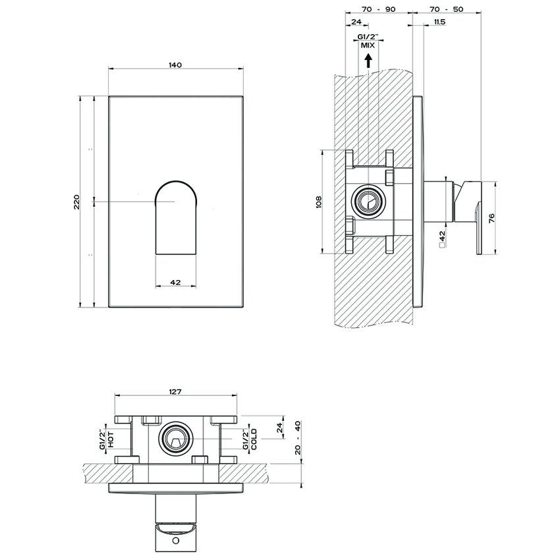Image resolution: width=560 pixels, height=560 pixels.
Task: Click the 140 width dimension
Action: point(175,65)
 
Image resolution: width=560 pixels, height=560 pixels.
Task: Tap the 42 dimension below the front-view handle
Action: point(176,282)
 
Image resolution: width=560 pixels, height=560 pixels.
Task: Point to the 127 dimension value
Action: point(175,391)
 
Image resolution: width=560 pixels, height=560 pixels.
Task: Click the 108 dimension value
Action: point(318,201)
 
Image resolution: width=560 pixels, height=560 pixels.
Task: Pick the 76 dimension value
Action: point(491,217)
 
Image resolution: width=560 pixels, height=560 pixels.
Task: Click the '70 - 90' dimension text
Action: point(378,10)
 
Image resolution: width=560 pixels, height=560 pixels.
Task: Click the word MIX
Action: point(368,45)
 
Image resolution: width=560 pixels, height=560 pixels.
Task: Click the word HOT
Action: point(111,439)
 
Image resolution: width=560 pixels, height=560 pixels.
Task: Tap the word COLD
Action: point(254,439)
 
